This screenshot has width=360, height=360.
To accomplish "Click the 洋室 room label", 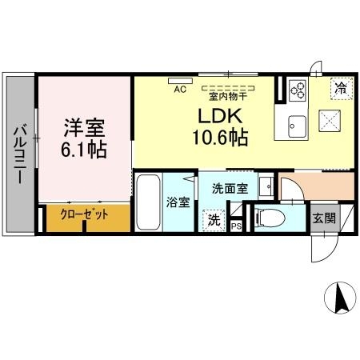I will [84, 128].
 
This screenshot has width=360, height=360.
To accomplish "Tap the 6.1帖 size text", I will [85, 149].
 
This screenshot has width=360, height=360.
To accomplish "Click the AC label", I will [179, 90].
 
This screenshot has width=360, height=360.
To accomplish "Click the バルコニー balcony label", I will [18, 154].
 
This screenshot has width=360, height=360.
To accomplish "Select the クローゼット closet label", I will [84, 214].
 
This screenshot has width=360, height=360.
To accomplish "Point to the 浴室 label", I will [178, 202].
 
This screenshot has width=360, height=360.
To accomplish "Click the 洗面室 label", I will [229, 189].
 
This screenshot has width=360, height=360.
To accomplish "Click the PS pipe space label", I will [236, 226].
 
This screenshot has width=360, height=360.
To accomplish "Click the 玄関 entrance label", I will [324, 217].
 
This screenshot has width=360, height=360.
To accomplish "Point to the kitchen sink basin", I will [296, 124].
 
